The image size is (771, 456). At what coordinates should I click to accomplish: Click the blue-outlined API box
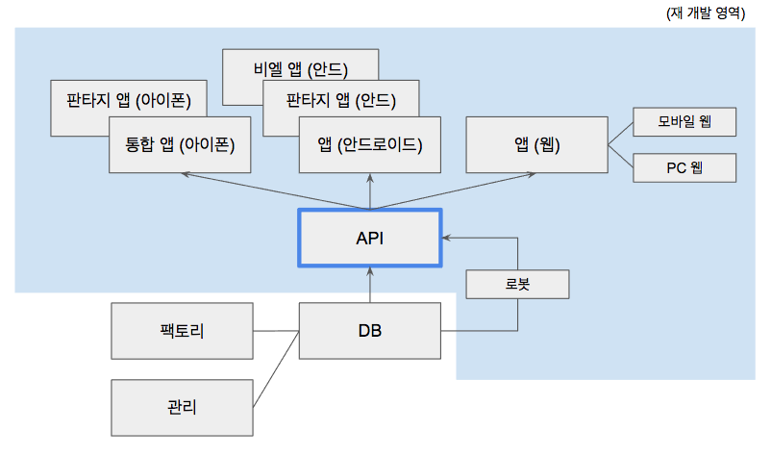click(370, 238)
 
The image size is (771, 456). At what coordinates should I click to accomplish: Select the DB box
click(370, 331)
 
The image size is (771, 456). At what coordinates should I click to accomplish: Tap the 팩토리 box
click(182, 331)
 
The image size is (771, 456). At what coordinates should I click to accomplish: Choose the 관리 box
click(182, 407)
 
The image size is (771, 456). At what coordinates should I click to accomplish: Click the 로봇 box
click(517, 285)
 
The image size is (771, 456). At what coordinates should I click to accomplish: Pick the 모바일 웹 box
click(684, 121)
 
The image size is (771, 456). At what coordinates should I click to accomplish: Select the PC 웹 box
click(684, 167)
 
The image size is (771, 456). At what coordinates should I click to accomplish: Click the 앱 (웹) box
click(537, 144)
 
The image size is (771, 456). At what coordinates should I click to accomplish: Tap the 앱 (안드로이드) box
click(370, 144)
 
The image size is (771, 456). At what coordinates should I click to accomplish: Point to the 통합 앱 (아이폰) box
click(180, 144)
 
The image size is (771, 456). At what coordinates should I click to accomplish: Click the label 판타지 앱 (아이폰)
click(129, 100)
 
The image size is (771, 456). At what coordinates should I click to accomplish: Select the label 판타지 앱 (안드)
click(341, 100)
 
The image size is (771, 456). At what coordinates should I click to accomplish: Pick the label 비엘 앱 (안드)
click(301, 69)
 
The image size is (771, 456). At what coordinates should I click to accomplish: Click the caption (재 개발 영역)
click(706, 13)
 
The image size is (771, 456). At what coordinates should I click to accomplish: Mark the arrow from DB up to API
click(370, 285)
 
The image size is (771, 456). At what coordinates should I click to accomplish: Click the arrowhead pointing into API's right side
click(446, 238)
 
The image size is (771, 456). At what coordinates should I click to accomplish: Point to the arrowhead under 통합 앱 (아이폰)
click(186, 174)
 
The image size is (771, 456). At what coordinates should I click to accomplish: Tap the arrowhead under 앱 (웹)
click(531, 175)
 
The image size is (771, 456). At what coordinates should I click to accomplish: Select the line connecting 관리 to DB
click(276, 368)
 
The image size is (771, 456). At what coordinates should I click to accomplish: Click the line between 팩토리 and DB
click(276, 331)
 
